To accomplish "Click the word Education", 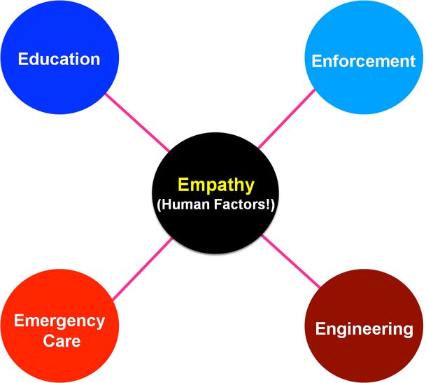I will pos(59,58).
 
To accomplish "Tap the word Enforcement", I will pos(364,61).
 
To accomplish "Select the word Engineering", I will pos(364,328).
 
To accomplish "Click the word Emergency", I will pos(60,321).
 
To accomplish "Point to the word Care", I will pos(60,342).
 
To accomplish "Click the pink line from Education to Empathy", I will pos(136,120).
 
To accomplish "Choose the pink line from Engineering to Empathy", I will pos(291,260).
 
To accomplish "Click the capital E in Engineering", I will pos(320,328).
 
